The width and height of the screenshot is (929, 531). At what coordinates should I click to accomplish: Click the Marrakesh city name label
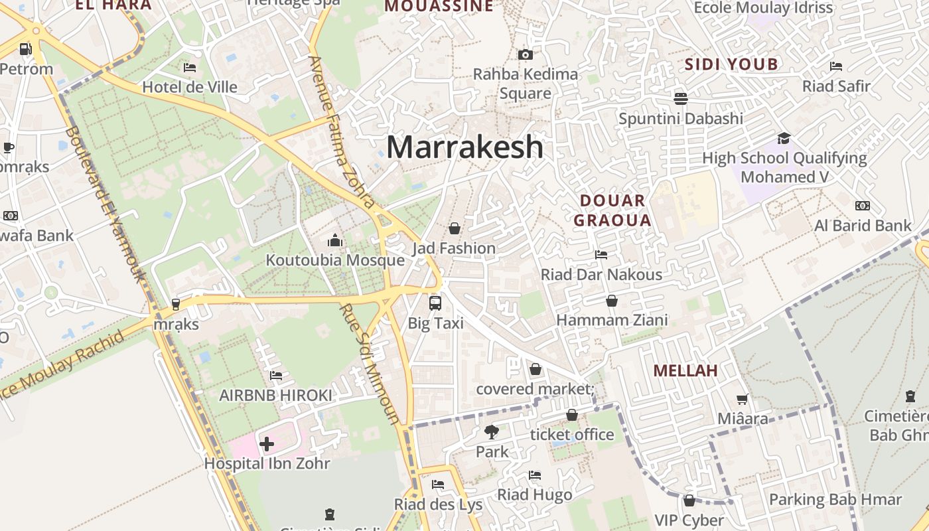click(x=464, y=147)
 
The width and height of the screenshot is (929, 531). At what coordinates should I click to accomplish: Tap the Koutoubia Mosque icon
click(x=335, y=240)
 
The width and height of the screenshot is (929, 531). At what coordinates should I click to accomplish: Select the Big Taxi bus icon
click(x=435, y=303)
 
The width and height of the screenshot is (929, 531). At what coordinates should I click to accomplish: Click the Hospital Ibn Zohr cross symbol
click(x=267, y=443)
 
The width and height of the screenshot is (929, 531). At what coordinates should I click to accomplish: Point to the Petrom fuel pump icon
click(x=26, y=49)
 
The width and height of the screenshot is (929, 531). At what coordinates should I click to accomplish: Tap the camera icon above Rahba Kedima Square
click(x=526, y=54)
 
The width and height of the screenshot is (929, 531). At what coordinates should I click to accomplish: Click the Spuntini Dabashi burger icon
click(x=681, y=99)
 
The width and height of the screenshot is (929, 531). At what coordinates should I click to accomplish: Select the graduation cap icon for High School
click(x=784, y=138)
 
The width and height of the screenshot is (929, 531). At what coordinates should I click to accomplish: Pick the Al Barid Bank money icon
click(x=863, y=206)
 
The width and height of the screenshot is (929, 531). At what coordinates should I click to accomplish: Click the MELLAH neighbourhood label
click(x=685, y=370)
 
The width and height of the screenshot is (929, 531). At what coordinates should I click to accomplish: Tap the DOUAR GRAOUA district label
click(x=612, y=210)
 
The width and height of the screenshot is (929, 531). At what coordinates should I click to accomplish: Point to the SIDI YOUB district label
click(x=731, y=64)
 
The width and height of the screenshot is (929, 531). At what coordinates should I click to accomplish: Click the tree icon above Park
click(x=492, y=432)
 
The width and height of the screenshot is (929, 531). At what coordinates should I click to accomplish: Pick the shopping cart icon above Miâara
click(x=743, y=399)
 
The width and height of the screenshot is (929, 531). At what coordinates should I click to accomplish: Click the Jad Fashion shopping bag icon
click(x=455, y=228)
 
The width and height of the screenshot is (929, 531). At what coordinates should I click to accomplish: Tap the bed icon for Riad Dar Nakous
click(x=601, y=254)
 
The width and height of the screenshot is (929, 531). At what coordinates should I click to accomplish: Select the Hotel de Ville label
click(x=190, y=87)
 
